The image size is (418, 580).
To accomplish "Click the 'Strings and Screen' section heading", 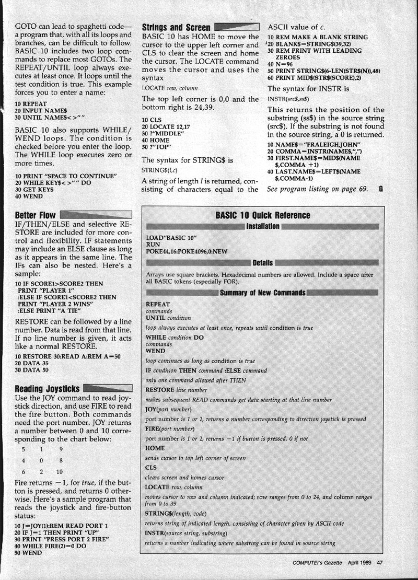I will (x=176, y=27).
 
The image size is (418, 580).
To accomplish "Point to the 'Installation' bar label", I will (x=263, y=226).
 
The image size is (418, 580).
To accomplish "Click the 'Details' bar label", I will (x=263, y=262).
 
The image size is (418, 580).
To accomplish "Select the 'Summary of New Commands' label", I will (x=263, y=293).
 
